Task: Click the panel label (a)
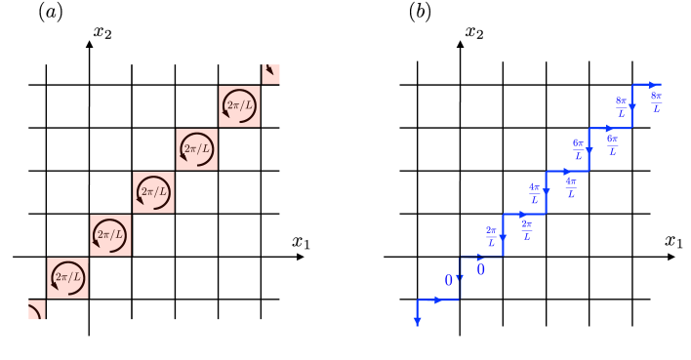[51, 13]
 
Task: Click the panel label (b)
[421, 13]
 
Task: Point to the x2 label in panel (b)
[474, 33]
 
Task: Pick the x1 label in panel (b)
[674, 241]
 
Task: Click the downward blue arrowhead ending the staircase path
[418, 321]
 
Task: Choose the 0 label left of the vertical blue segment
[449, 280]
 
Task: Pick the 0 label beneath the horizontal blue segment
[481, 268]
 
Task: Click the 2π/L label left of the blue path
[491, 235]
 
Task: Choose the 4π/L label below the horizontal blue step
[571, 186]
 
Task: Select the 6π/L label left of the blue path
[578, 148]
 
